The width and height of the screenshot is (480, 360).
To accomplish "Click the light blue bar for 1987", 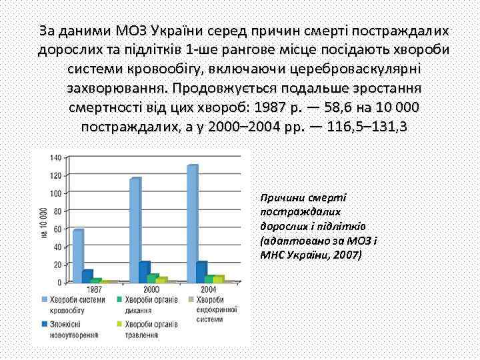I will tap(78, 256).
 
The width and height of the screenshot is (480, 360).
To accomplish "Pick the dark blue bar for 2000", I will tap(145, 272).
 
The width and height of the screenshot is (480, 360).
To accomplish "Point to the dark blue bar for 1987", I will tap(87, 276).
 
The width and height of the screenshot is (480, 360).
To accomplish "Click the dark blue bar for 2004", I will tap(201, 272).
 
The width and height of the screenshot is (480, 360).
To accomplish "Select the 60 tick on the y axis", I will tap(57, 229).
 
